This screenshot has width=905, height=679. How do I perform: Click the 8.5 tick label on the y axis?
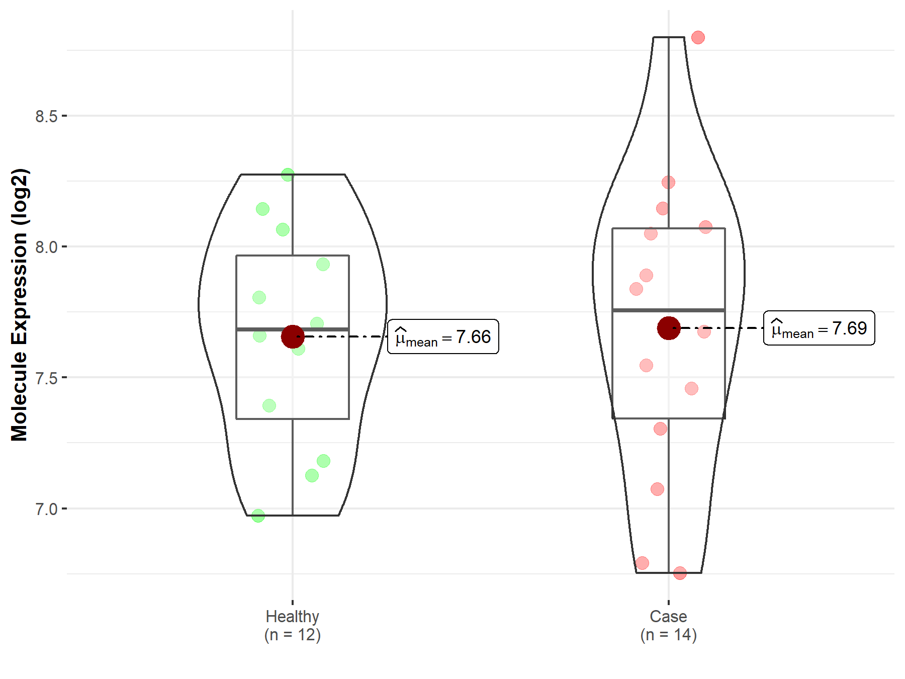(x=46, y=116)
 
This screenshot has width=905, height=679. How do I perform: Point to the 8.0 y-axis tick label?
(x=46, y=247)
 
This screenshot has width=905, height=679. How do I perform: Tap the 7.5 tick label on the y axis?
(x=46, y=378)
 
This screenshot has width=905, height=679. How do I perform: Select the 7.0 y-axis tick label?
(x=46, y=509)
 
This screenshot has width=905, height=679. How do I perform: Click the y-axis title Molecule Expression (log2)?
(x=20, y=305)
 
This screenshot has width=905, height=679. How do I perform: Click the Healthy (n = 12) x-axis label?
(x=293, y=625)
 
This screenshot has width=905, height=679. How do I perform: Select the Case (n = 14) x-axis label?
(x=669, y=625)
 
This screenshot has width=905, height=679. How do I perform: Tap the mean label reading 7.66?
(x=443, y=336)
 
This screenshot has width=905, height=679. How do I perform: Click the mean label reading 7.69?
(x=819, y=328)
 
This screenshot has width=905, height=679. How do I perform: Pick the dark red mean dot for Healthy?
(x=293, y=336)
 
